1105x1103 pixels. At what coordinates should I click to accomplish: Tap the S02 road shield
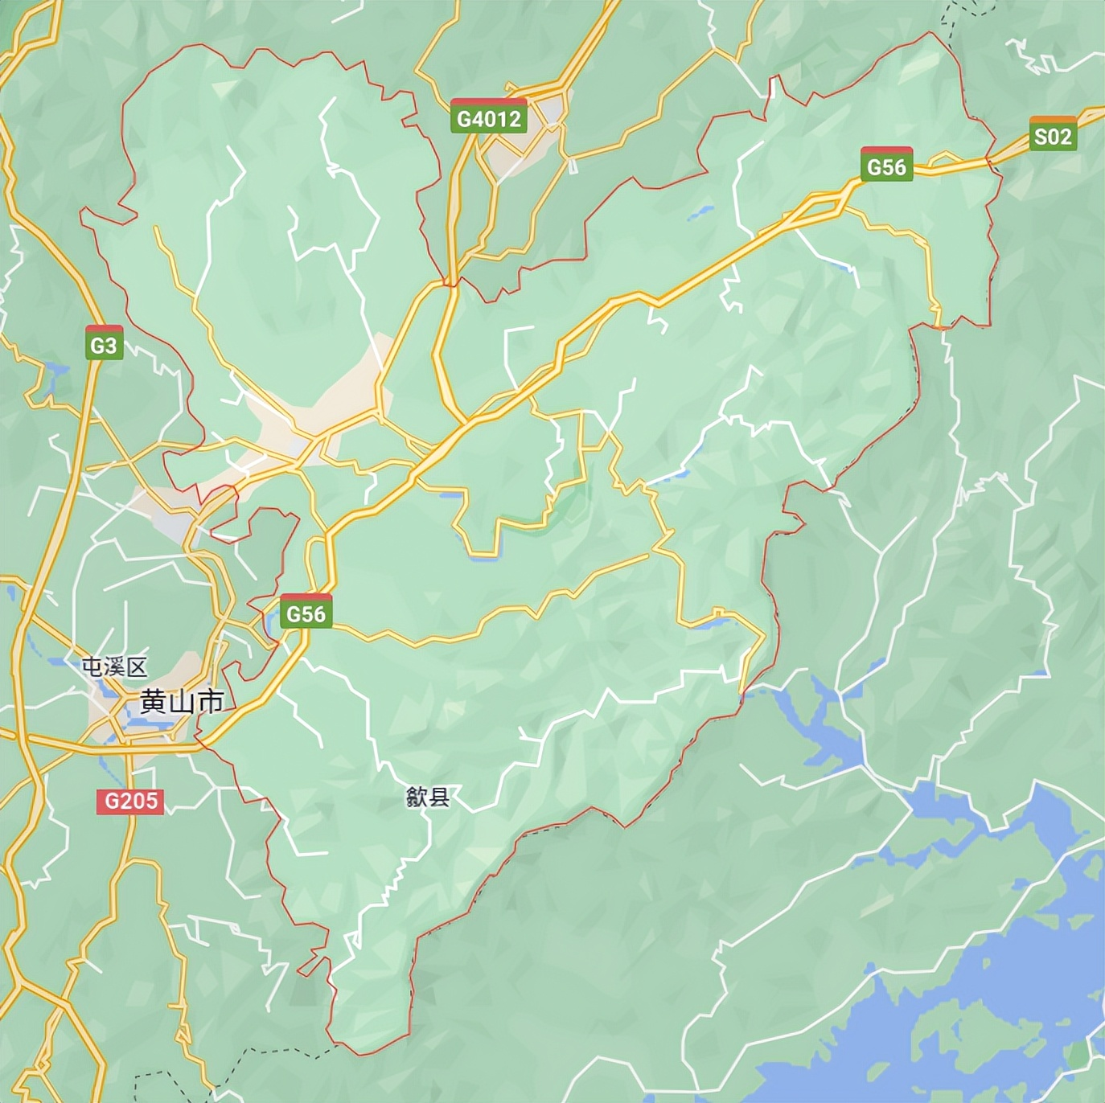[1052, 135]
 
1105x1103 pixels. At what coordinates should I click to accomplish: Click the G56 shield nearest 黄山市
[306, 613]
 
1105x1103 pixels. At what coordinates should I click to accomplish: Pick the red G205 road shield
[131, 801]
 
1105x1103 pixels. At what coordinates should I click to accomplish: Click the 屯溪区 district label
[114, 666]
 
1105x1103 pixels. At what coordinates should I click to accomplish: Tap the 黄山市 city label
[182, 701]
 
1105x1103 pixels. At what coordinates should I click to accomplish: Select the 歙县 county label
[428, 797]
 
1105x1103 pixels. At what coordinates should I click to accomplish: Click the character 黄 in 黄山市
[154, 701]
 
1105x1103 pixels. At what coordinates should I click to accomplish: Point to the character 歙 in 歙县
[417, 797]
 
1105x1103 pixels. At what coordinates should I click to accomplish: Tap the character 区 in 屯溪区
[137, 666]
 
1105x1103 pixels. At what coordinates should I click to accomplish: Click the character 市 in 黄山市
[211, 701]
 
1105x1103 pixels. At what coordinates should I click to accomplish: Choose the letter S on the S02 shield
[1040, 137]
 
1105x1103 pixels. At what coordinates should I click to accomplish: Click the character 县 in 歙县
[439, 797]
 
